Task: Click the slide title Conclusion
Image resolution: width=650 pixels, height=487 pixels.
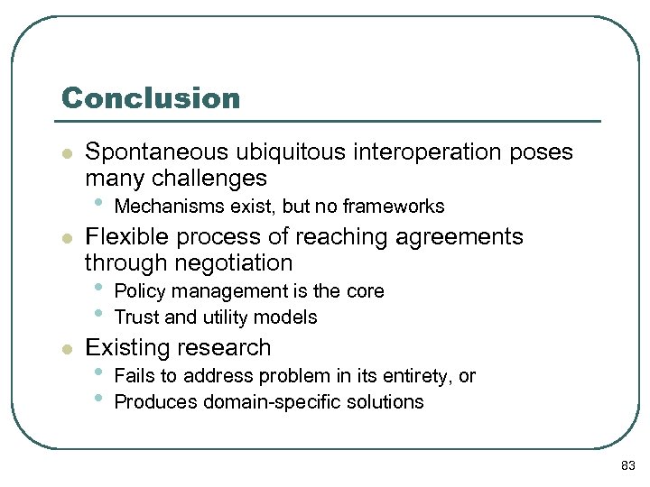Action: pyautogui.click(x=151, y=98)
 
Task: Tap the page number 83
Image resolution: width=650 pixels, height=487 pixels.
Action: pyautogui.click(x=628, y=465)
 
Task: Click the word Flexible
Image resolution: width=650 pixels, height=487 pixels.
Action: pyautogui.click(x=124, y=237)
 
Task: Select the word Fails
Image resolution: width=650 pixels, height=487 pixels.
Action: pyautogui.click(x=135, y=376)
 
